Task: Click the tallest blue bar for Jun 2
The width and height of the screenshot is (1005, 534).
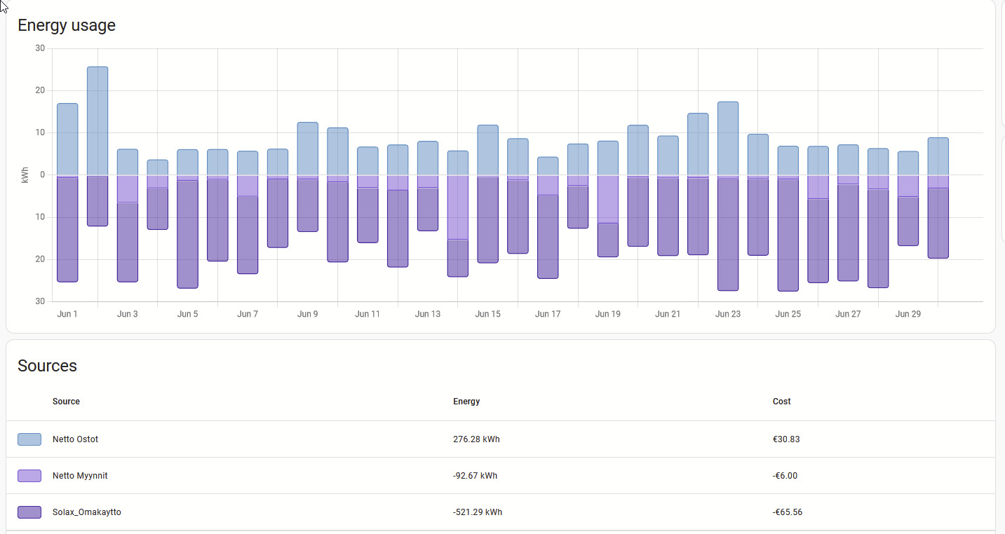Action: tap(97, 121)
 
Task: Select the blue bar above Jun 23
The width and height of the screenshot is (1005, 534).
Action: tap(728, 139)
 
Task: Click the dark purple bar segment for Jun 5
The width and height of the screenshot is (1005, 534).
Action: tap(187, 234)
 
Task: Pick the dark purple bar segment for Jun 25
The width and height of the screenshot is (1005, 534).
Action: tap(788, 235)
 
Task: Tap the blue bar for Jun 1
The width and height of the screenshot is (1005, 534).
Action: tap(67, 139)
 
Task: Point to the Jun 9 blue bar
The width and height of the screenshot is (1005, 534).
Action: tap(308, 149)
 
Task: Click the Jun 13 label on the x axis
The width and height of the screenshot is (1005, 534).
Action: tap(428, 314)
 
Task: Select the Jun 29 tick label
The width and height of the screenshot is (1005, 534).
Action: tap(908, 314)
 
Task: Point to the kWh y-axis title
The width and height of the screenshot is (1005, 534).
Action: tap(25, 175)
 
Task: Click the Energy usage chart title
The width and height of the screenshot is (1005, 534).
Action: tap(67, 25)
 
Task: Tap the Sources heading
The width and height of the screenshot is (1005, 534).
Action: tap(47, 366)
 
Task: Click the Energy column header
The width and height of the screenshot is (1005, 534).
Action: tap(466, 402)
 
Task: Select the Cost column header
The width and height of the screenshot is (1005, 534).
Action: tap(781, 402)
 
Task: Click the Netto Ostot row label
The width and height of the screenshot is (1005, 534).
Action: tap(75, 439)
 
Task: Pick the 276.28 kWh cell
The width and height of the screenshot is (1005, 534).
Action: tap(476, 439)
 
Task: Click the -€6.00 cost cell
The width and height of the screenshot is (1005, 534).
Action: tap(785, 476)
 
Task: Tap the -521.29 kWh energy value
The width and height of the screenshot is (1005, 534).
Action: tap(478, 512)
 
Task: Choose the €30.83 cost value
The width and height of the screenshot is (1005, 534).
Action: tap(786, 439)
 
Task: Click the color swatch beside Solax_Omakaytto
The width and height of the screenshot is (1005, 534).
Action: tap(29, 512)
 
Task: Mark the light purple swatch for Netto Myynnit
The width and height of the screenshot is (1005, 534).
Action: tap(29, 476)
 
